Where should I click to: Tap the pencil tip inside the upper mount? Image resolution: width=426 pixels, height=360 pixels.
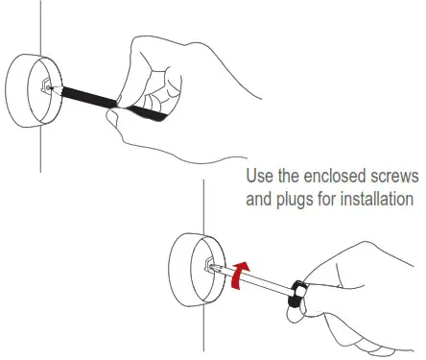(x=50, y=86)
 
